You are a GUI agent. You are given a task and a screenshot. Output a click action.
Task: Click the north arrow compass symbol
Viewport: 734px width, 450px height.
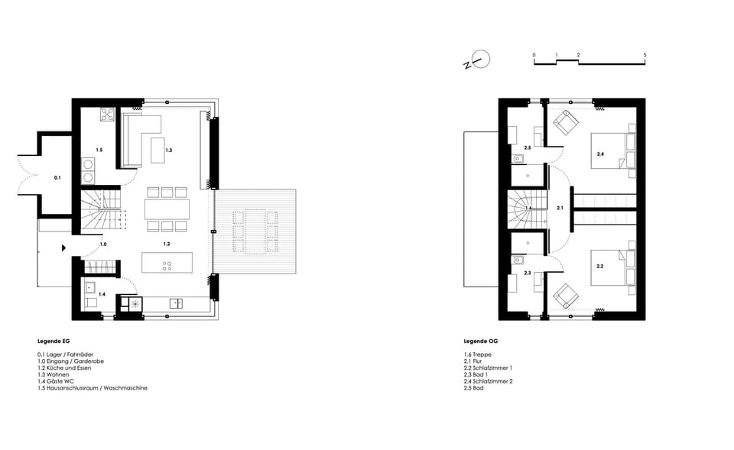click(479, 59)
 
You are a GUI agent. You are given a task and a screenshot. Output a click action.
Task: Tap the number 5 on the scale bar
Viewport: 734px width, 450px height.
click(645, 56)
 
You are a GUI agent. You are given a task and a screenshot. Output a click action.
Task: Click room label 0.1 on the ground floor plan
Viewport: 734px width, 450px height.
click(57, 178)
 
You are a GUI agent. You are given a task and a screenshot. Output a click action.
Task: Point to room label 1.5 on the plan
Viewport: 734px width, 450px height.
click(99, 150)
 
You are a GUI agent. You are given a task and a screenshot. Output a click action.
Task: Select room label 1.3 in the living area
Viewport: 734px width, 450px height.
click(169, 151)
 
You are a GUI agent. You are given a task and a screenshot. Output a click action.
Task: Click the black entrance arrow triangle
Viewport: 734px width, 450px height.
click(63, 247)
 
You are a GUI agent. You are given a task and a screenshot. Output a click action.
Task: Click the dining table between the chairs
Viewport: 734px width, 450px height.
click(167, 209)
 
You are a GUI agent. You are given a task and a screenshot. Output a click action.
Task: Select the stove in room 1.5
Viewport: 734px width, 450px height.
click(107, 116)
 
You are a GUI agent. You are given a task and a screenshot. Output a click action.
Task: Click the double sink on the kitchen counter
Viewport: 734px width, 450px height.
click(175, 303)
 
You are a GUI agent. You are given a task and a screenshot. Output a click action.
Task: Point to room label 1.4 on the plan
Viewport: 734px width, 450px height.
click(102, 293)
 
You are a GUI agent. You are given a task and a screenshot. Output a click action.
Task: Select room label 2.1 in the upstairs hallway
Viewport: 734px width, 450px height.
click(560, 208)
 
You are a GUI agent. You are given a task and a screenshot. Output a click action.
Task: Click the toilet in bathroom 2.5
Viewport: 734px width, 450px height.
click(518, 159)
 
